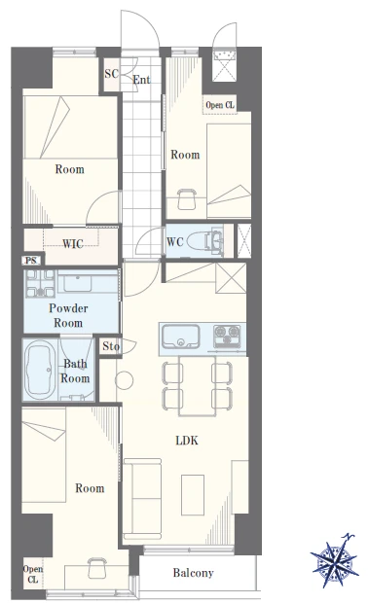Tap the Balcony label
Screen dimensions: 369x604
(x=193, y=573)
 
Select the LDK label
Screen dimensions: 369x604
(x=187, y=441)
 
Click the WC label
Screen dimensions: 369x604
(x=174, y=242)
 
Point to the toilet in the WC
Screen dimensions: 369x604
(x=204, y=241)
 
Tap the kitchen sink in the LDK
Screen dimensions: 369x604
(x=180, y=337)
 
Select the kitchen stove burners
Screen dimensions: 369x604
(x=227, y=335)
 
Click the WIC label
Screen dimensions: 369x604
(x=73, y=243)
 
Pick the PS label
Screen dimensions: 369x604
(x=31, y=261)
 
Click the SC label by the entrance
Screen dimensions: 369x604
(x=111, y=74)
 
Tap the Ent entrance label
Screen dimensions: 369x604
(x=141, y=80)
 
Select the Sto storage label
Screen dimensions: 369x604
(x=111, y=346)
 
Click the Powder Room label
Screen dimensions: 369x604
(x=68, y=315)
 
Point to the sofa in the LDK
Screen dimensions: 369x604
(x=143, y=499)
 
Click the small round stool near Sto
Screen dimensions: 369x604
(x=125, y=380)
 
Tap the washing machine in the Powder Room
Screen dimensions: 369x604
(x=40, y=283)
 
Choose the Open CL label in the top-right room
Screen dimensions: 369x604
(x=220, y=105)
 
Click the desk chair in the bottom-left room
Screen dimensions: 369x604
(x=96, y=568)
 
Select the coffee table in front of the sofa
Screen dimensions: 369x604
(x=193, y=495)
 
